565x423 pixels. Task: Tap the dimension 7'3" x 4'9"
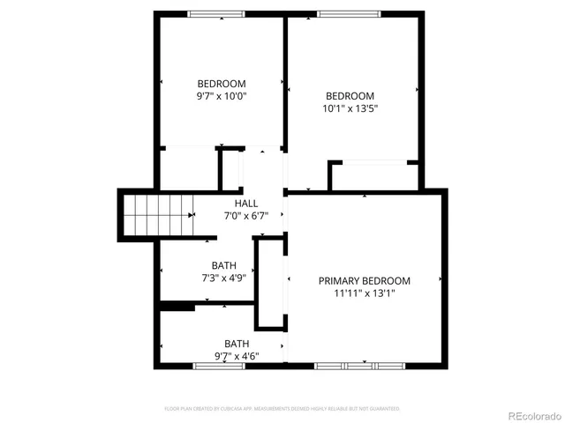click(x=223, y=278)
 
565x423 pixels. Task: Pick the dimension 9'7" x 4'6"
click(x=236, y=356)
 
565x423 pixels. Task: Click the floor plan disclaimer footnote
click(x=282, y=409)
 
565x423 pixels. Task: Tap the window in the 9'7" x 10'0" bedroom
click(x=217, y=13)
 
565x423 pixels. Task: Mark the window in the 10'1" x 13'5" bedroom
click(x=350, y=13)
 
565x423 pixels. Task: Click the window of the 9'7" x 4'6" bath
click(x=219, y=365)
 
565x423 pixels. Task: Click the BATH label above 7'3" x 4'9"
click(x=223, y=265)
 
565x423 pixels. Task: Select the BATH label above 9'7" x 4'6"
click(x=236, y=344)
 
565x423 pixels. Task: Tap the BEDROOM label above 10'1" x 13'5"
click(x=350, y=96)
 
